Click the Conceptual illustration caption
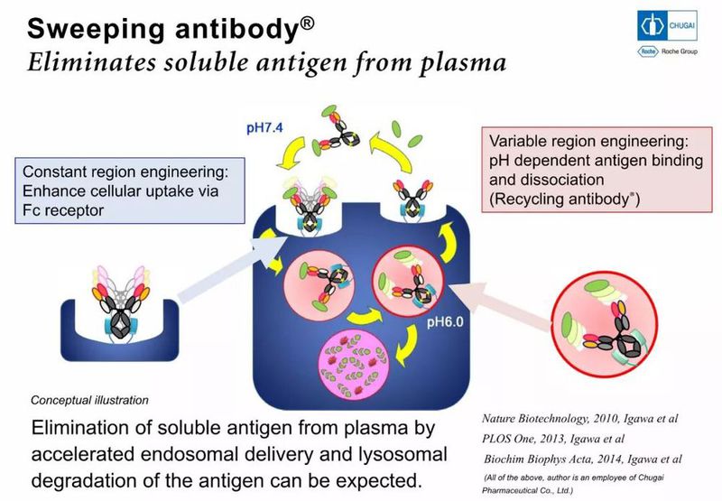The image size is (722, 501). point(90,399)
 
